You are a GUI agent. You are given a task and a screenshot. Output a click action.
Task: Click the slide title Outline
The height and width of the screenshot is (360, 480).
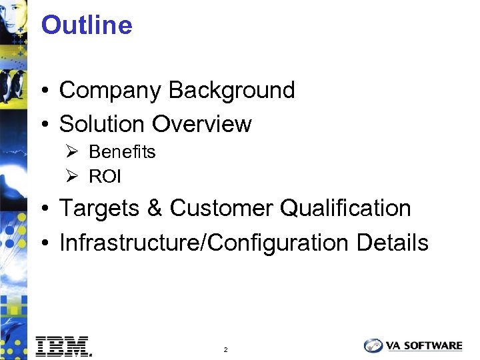(x=87, y=25)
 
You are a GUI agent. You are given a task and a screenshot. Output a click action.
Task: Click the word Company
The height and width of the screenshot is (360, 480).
(x=111, y=91)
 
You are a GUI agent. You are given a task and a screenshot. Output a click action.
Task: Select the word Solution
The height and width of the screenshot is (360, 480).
(x=103, y=124)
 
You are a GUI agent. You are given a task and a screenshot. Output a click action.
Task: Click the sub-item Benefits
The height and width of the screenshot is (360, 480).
(x=122, y=152)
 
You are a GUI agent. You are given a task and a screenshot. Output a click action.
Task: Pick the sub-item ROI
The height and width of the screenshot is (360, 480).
(x=105, y=177)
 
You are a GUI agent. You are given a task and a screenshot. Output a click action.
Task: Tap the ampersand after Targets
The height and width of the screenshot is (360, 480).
(x=154, y=209)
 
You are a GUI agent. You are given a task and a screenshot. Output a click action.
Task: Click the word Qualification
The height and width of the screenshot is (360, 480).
(x=345, y=209)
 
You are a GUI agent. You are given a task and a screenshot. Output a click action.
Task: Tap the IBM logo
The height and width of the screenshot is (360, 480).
(x=63, y=345)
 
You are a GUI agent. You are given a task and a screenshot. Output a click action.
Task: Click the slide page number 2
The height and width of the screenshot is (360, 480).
(x=226, y=349)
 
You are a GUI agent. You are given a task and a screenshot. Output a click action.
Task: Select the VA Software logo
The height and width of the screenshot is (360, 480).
(x=413, y=345)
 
